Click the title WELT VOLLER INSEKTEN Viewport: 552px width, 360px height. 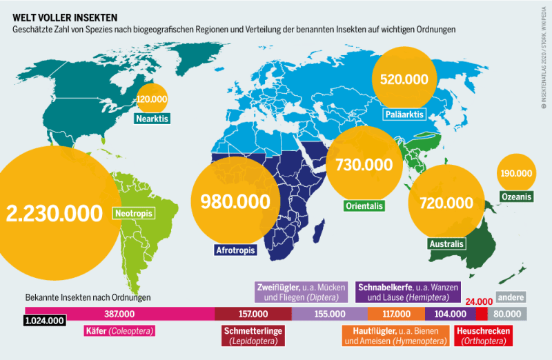click(60, 17)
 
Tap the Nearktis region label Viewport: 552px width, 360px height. click(152, 118)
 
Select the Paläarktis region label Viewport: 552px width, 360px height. click(404, 114)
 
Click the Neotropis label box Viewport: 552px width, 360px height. click(133, 213)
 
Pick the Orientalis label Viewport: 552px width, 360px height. click(363, 206)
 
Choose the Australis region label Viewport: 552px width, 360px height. click(446, 244)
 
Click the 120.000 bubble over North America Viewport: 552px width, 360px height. click(152, 99)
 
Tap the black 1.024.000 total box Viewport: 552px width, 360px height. click(45, 321)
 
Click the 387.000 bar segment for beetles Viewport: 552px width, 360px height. click(119, 314)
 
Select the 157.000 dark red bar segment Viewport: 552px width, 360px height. click(253, 314)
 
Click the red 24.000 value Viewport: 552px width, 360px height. click(480, 301)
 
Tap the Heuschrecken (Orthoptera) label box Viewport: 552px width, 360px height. click(484, 336)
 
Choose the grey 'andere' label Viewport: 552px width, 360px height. click(511, 297)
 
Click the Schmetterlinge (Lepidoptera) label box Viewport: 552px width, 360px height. click(253, 336)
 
